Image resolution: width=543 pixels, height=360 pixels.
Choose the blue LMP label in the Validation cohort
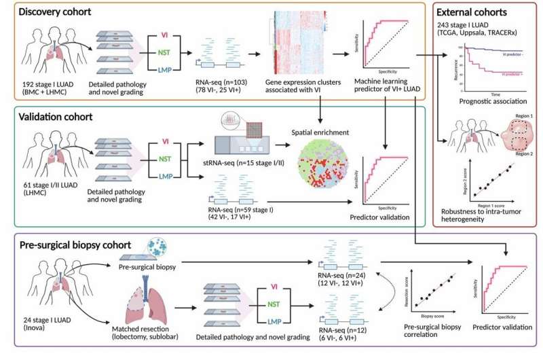pos(164,177)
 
